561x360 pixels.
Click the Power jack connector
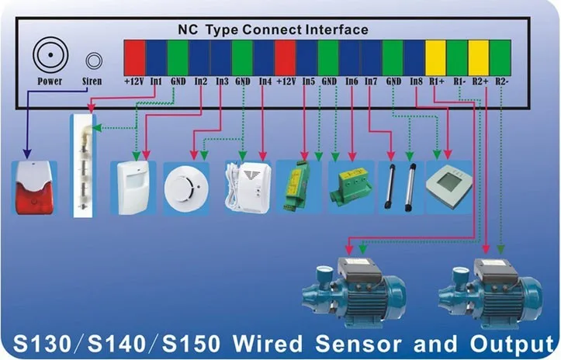50,56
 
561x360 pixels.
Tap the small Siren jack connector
93,60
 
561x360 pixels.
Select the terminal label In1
156,81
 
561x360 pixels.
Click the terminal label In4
265,81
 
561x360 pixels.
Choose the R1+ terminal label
436,81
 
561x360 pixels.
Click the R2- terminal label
501,81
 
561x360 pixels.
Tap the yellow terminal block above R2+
480,55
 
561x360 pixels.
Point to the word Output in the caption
507,342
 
